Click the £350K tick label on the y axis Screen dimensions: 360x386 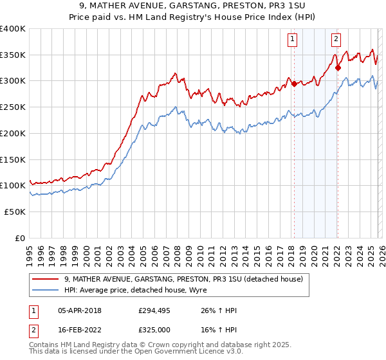(13, 55)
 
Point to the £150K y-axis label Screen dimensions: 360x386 (13, 159)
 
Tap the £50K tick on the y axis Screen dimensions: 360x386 (15, 212)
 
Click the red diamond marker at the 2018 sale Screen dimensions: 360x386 (294, 84)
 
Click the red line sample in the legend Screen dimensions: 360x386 (45, 279)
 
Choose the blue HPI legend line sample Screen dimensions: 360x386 (45, 290)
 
